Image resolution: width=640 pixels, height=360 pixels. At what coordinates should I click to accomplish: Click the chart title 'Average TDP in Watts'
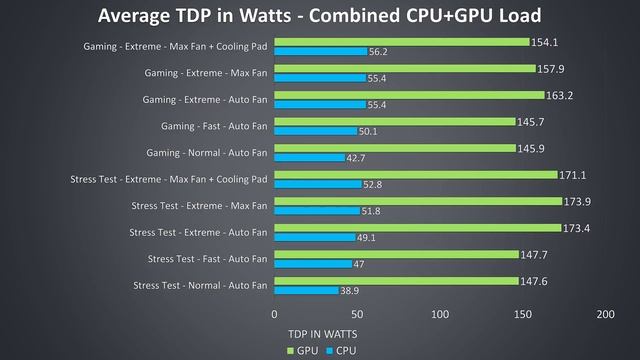[320, 16]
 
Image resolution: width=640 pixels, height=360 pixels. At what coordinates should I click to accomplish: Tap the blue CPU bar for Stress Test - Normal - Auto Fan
[306, 291]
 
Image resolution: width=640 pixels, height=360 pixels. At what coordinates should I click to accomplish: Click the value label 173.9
[578, 201]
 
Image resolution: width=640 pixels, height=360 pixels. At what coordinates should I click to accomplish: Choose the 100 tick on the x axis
[439, 314]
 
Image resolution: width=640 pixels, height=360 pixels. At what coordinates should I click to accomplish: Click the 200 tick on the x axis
[603, 314]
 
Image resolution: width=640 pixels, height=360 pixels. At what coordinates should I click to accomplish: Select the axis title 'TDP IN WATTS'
[321, 333]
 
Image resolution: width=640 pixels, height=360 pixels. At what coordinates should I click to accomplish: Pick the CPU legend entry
[340, 350]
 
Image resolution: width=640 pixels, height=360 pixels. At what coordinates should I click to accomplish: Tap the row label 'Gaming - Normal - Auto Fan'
[206, 153]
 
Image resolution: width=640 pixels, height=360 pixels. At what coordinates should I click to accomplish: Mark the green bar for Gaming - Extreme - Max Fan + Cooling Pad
[401, 42]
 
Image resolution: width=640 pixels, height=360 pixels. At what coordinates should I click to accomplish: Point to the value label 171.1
[573, 175]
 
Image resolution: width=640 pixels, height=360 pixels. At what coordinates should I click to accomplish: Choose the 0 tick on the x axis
[275, 314]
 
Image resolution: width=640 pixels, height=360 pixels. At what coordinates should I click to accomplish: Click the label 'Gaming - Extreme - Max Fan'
[206, 73]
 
